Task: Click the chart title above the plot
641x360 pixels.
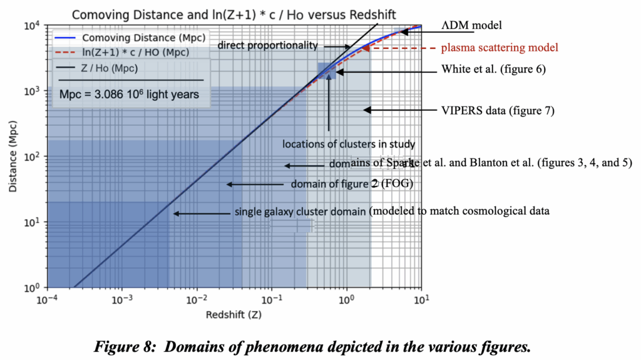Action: [x=228, y=13]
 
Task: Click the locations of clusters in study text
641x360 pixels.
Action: [x=349, y=144]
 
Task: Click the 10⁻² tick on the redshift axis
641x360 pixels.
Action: [x=197, y=299]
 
